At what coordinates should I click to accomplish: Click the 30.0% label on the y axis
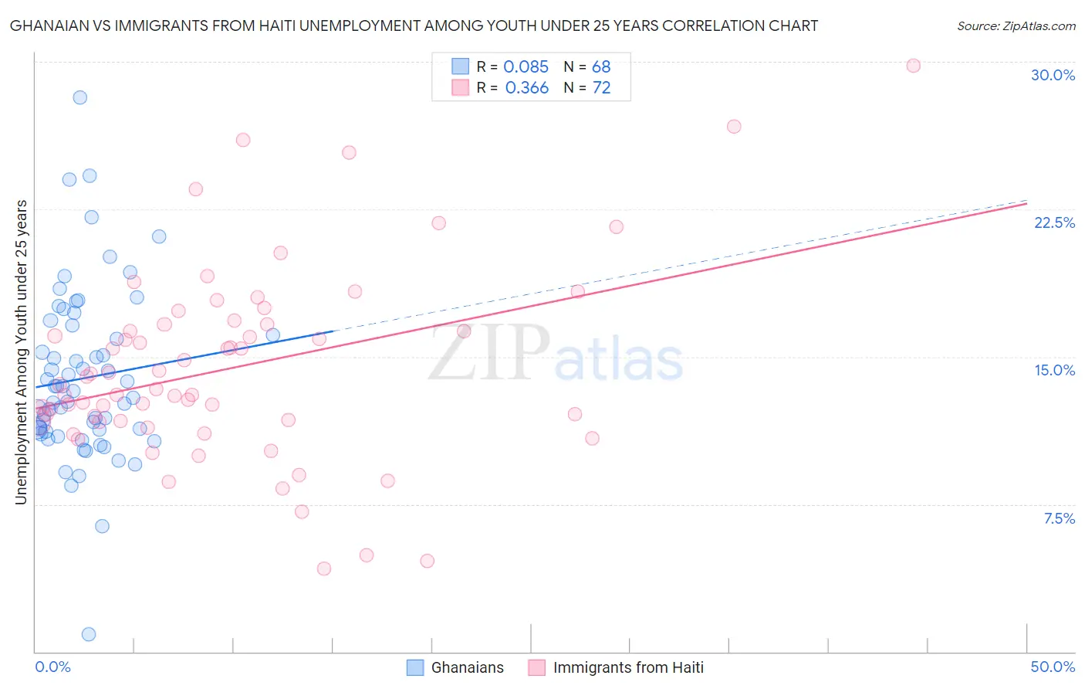1053,75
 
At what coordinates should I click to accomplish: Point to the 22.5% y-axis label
1054,222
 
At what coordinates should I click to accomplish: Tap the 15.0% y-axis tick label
1054,370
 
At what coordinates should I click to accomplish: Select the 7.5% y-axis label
1059,518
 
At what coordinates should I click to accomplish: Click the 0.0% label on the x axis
52,667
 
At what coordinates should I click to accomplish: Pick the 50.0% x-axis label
1053,667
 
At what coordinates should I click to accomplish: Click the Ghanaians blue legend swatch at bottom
415,667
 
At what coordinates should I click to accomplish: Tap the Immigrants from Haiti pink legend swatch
537,667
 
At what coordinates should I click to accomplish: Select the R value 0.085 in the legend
526,66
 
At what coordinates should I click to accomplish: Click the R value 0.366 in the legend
526,88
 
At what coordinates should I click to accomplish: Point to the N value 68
601,66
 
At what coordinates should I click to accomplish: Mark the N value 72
601,88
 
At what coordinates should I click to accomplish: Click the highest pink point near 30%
913,66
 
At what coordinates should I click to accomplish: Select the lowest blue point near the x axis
89,634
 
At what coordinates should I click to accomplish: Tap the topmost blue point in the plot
79,97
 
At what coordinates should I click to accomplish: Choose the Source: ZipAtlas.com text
1016,25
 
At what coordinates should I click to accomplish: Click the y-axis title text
21,352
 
